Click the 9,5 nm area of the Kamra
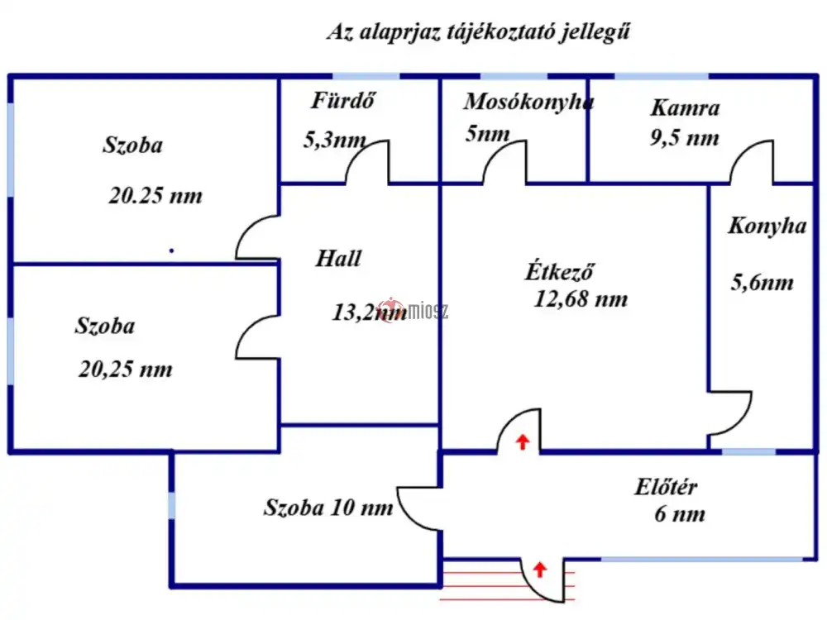tap(684, 137)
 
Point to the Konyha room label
tap(767, 226)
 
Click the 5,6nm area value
tap(762, 283)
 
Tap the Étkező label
tap(561, 271)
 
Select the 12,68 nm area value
tap(581, 298)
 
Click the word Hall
tap(338, 258)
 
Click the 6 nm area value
tap(680, 514)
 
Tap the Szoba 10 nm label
tap(328, 508)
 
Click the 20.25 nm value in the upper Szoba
tap(155, 197)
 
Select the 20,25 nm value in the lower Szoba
tap(126, 369)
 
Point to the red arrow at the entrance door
tap(540, 569)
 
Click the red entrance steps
tap(480, 579)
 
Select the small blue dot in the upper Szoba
tap(171, 250)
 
